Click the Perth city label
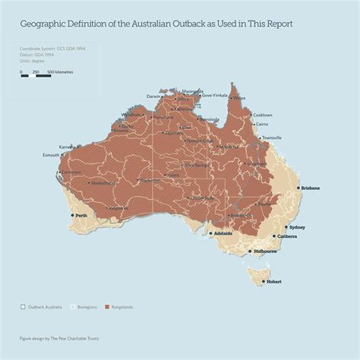click(81, 216)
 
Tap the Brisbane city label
click(310, 188)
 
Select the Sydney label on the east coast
click(297, 227)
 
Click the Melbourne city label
click(265, 251)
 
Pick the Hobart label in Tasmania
click(273, 282)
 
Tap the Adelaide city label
click(223, 233)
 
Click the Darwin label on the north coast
click(154, 96)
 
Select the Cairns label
click(262, 124)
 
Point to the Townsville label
click(271, 137)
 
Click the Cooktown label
click(262, 114)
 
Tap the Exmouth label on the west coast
click(52, 155)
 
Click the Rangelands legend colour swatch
click(107, 307)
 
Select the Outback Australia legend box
click(23, 307)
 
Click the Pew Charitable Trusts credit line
click(59, 338)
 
